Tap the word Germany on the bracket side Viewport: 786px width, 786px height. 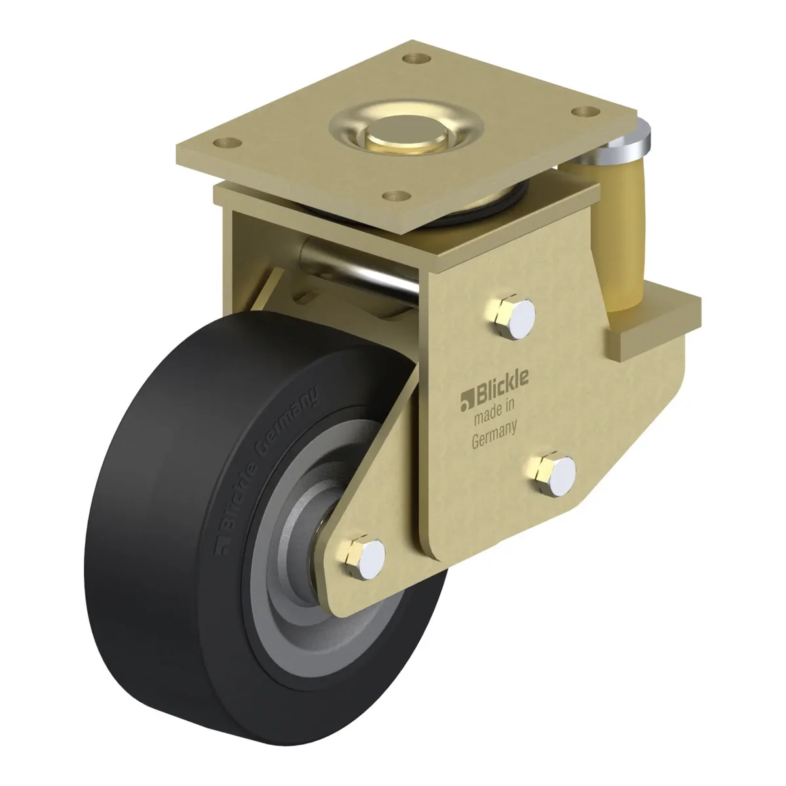pos(495,435)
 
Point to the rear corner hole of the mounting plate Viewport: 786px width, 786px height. pos(417,59)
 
